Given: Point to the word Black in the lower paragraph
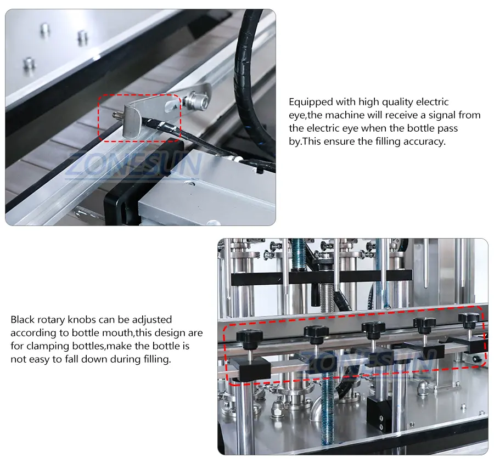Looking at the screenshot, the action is tap(23, 320).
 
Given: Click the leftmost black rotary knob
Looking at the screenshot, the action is tap(250, 337).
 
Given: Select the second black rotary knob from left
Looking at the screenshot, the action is tap(316, 334).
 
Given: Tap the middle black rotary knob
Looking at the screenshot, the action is tap(373, 329).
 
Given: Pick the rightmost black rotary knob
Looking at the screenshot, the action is tap(469, 320).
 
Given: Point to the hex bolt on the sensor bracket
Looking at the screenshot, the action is tap(197, 100).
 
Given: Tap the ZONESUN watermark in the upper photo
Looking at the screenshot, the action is tap(134, 164).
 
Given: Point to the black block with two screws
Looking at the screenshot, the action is tap(380, 413).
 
